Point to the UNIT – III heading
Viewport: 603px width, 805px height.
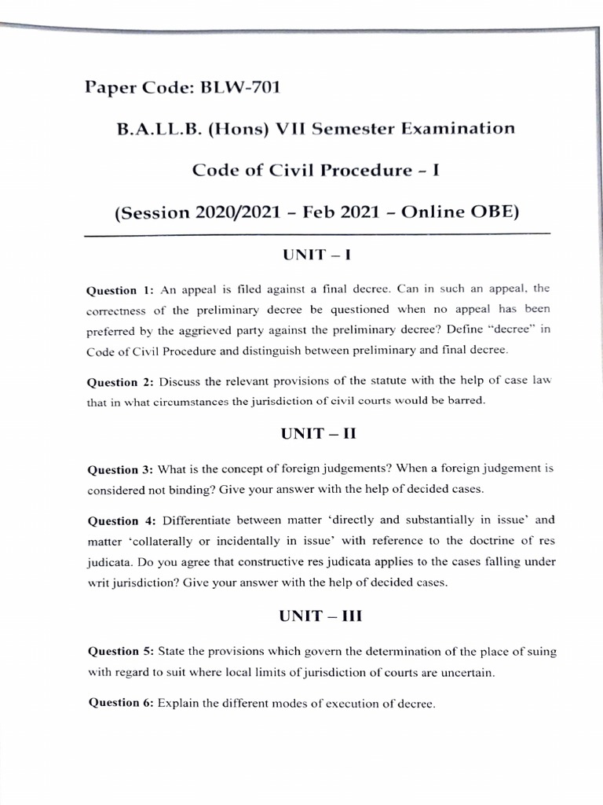[320, 616]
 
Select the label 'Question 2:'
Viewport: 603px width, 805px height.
[120, 382]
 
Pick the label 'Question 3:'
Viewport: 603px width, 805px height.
[120, 469]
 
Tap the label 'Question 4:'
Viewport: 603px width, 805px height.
[121, 520]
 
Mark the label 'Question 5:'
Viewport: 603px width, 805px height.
[120, 652]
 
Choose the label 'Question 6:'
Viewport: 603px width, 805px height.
[120, 703]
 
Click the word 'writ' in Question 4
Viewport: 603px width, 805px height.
[100, 583]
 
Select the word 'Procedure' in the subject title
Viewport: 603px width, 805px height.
[364, 171]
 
